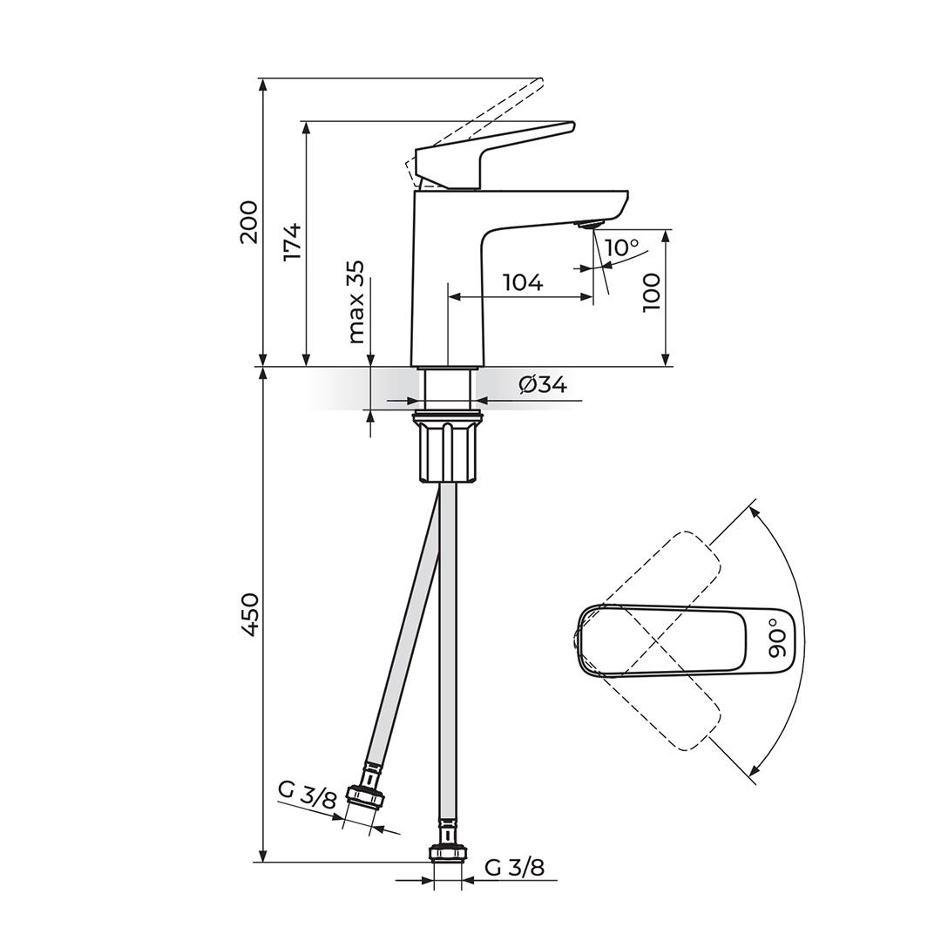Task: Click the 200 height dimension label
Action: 248,222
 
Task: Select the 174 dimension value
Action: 292,242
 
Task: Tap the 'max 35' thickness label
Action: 356,301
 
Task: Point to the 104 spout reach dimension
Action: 523,282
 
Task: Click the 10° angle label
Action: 622,247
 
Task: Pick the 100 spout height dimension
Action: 651,292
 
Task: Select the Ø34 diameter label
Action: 543,385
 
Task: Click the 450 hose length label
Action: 248,614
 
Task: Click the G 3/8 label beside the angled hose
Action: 307,796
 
